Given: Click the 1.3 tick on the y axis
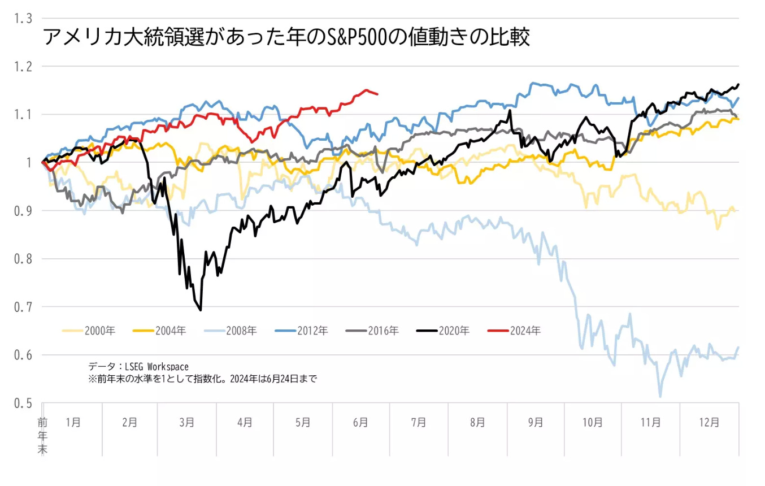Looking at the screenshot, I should pyautogui.click(x=23, y=19).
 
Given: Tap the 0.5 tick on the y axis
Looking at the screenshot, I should pyautogui.click(x=23, y=403).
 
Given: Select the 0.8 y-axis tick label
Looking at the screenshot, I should pyautogui.click(x=23, y=259).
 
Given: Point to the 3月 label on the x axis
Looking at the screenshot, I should pyautogui.click(x=187, y=422).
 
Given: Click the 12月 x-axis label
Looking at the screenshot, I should pyautogui.click(x=709, y=422).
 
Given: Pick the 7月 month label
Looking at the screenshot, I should pyautogui.click(x=419, y=422).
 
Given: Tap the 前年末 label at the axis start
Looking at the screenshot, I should pyautogui.click(x=42, y=436).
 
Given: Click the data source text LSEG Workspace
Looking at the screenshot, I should pyautogui.click(x=138, y=367).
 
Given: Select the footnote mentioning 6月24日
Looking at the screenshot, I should pyautogui.click(x=202, y=379).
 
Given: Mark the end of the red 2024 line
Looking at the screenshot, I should pyautogui.click(x=377, y=94).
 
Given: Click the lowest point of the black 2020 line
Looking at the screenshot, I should pyautogui.click(x=201, y=310).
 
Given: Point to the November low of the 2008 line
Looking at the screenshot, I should pyautogui.click(x=660, y=396).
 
